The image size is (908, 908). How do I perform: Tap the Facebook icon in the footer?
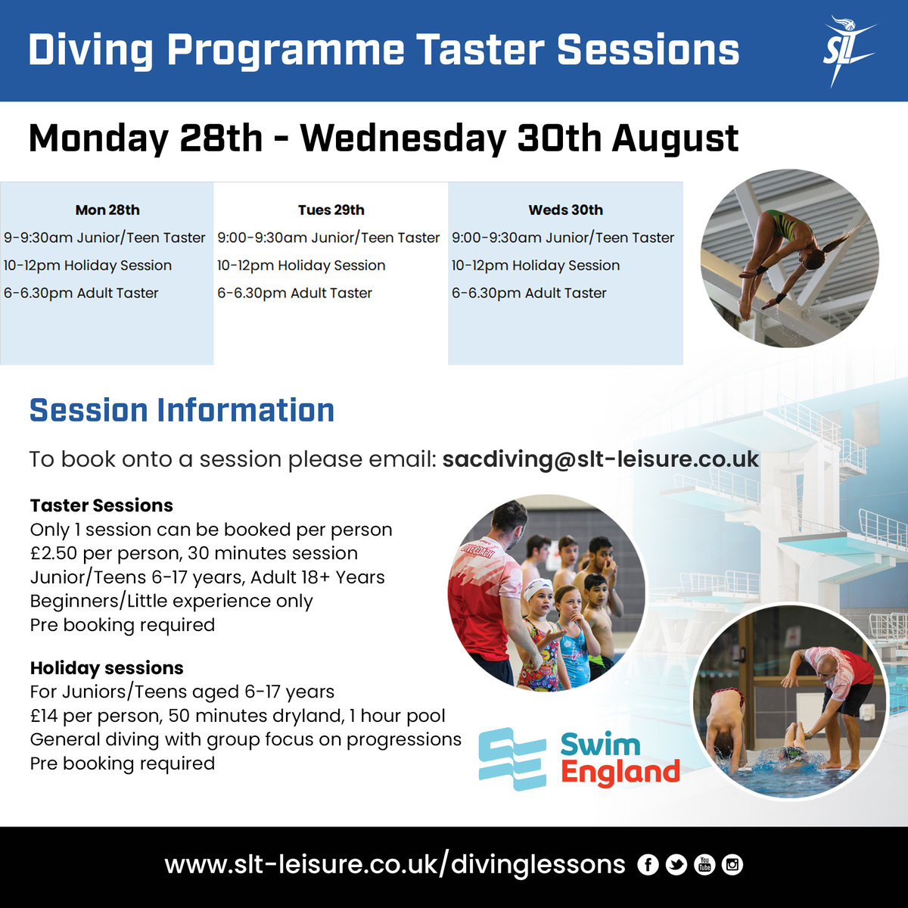point(648,865)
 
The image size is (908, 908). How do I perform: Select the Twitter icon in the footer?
point(676,865)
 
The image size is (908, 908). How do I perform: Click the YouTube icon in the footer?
point(704,865)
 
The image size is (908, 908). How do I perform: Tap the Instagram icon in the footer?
point(732,865)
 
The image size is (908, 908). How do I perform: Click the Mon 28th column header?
point(107,210)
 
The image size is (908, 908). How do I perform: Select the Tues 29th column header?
point(331,210)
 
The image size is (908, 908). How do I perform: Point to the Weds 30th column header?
point(565,210)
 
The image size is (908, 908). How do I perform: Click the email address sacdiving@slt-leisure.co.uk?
point(600,459)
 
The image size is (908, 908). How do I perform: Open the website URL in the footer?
point(395,865)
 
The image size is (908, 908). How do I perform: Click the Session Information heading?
point(182,411)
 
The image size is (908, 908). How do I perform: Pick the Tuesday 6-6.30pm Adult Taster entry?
point(294,294)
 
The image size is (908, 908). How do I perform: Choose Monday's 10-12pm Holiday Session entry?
point(88,266)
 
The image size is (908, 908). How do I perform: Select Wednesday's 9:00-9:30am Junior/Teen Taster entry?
point(563,238)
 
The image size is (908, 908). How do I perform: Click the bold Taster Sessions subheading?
point(101,505)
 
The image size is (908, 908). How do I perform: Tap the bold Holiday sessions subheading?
point(107,668)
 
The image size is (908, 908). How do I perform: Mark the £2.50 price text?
point(53,553)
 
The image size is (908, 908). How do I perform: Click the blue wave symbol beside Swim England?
point(512,759)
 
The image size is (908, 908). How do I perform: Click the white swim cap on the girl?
point(538,588)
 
